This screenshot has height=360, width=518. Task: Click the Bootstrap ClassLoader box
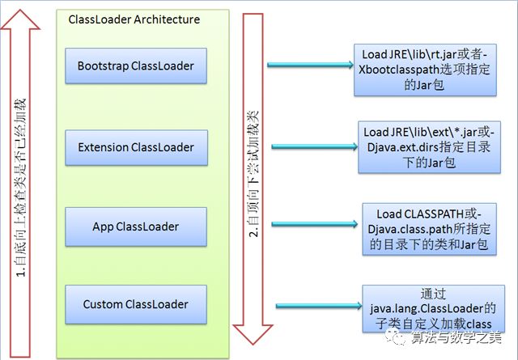tap(136, 66)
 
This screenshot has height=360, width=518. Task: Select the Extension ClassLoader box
tap(137, 147)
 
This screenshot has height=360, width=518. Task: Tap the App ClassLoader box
tap(136, 227)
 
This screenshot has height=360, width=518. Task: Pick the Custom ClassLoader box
tap(136, 304)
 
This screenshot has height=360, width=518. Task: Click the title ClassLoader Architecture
tap(134, 19)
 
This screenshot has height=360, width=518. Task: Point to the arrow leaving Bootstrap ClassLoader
tap(310, 65)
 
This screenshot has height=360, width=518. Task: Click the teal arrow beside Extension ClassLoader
tap(315, 146)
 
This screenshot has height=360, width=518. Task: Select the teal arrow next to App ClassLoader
tap(315, 224)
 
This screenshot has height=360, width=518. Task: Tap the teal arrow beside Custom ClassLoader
tap(319, 306)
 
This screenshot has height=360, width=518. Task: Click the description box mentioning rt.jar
tap(425, 70)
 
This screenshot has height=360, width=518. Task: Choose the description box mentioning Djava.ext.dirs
tap(429, 147)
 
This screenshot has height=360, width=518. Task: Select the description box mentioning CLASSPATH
tap(429, 229)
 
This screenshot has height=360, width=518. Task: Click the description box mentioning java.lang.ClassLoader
tap(434, 308)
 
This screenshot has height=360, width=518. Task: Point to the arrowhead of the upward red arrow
tap(20, 19)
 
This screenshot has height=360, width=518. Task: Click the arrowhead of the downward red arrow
tap(253, 334)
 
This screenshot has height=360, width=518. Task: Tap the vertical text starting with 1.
tap(20, 188)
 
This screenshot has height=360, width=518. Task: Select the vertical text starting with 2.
tap(253, 174)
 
